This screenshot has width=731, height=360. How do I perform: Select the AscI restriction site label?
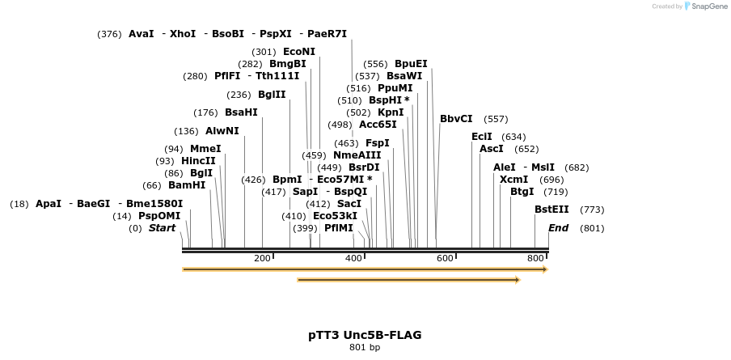click(x=492, y=149)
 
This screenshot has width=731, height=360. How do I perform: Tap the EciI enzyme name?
click(x=482, y=137)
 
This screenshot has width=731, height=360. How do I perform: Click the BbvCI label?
click(x=456, y=119)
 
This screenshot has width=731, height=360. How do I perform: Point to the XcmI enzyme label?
click(x=513, y=179)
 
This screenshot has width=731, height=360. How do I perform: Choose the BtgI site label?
click(x=522, y=192)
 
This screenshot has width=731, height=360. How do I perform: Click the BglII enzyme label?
click(x=272, y=95)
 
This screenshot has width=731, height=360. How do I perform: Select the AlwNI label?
click(x=222, y=131)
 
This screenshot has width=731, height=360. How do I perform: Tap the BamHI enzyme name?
click(x=187, y=185)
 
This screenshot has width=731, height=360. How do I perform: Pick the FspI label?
click(x=378, y=143)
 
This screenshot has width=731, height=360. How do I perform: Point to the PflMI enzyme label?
click(x=339, y=228)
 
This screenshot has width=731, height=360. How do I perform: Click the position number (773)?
click(x=592, y=210)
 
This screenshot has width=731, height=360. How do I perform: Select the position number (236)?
click(x=239, y=95)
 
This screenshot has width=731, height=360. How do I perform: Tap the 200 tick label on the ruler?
click(x=262, y=258)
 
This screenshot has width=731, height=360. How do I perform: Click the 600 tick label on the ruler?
click(x=445, y=258)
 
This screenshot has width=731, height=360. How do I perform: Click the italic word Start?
click(x=162, y=228)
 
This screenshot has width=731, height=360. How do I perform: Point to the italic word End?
click(x=558, y=228)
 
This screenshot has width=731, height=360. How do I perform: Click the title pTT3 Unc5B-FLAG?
click(x=365, y=335)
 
